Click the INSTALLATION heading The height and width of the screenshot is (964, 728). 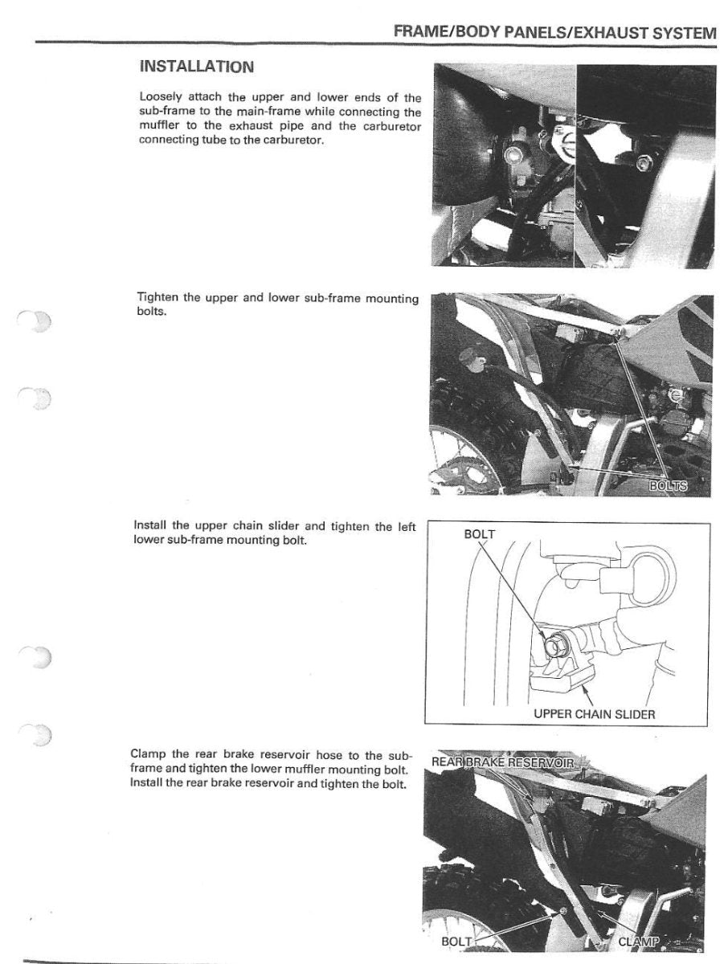point(196,66)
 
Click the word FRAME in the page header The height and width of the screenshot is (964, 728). point(422,33)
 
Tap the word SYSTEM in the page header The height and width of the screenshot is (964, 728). point(681,33)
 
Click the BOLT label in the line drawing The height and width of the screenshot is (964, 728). point(481,534)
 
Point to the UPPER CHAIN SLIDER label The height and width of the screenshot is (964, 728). point(595,713)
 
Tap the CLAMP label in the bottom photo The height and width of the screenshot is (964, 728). point(639,942)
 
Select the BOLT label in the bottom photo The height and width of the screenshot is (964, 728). point(456,942)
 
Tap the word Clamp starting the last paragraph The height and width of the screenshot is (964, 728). point(149,754)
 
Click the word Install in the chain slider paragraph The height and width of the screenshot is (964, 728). point(151,527)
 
